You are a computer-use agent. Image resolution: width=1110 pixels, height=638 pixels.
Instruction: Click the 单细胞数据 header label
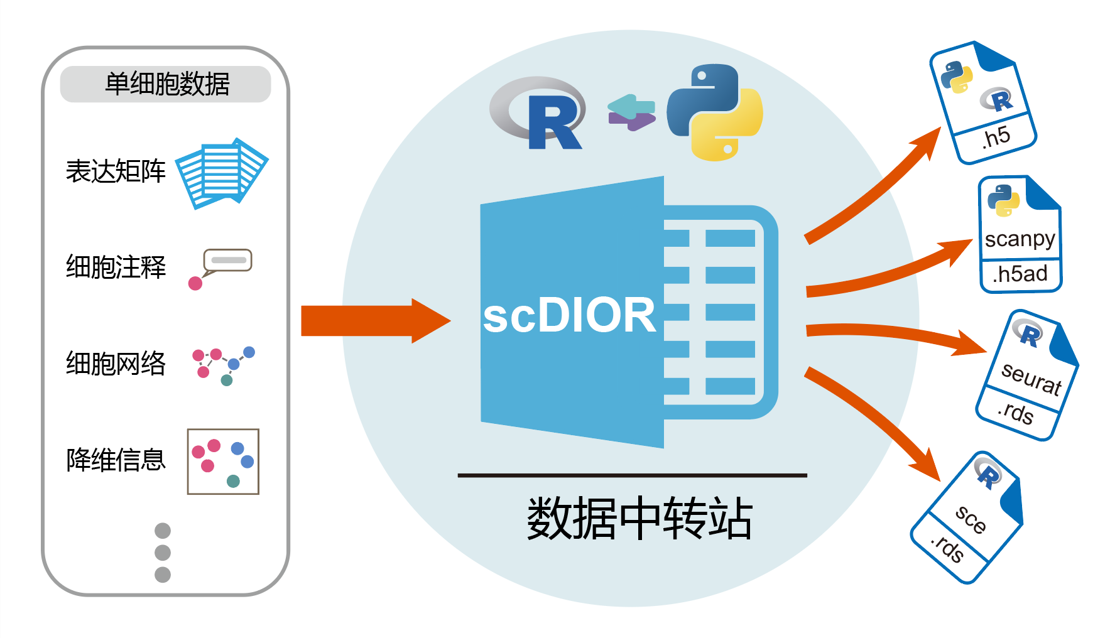coord(166,84)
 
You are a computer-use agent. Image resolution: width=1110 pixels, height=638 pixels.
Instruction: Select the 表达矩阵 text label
coord(116,171)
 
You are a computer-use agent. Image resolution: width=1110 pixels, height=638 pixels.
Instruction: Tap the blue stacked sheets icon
coord(221,173)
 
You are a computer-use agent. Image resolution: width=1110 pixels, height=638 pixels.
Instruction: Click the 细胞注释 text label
coord(116,267)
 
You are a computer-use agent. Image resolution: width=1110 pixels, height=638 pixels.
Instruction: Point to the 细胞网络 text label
coord(116,364)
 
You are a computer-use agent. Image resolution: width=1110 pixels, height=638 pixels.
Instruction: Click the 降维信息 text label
coord(116,460)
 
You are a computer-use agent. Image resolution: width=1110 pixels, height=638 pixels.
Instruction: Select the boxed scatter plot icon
coord(223,462)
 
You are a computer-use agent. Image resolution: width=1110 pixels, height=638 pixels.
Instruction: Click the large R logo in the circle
coord(539,113)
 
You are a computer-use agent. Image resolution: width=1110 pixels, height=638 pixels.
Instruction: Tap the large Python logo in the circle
coord(715,112)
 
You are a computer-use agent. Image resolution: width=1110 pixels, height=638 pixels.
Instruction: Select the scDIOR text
coord(569,315)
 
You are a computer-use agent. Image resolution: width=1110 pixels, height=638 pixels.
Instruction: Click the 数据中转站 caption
coord(639,519)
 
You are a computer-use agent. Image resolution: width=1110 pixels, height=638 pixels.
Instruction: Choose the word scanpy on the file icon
coord(1020,239)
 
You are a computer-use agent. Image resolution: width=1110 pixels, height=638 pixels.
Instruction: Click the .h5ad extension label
coord(1020,274)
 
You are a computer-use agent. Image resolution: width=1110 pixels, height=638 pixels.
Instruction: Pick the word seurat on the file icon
coord(1031,379)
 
